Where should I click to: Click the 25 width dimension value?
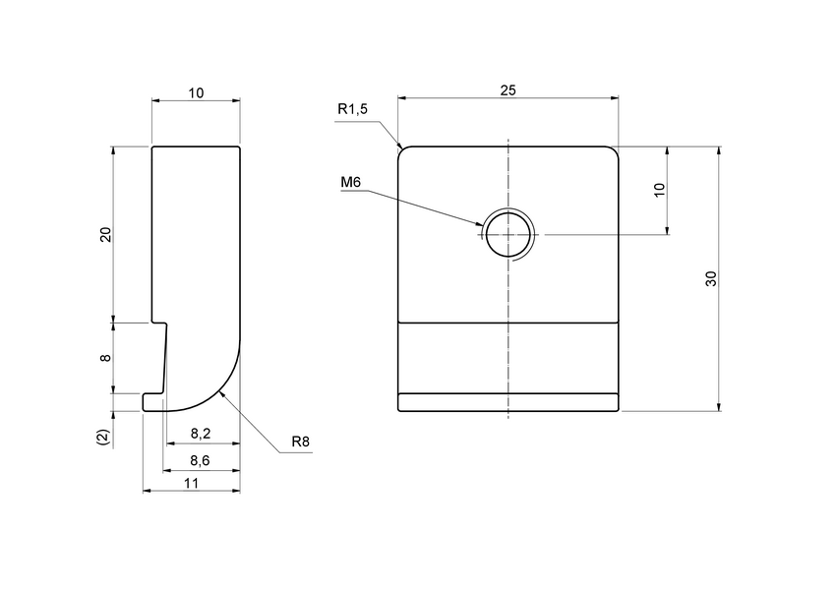(508, 89)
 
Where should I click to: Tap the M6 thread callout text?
(351, 183)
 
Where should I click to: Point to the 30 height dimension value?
(710, 278)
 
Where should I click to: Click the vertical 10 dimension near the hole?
(659, 191)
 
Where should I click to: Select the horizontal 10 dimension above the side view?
(196, 92)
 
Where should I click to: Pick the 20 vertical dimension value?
(106, 234)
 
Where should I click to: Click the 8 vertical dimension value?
(106, 359)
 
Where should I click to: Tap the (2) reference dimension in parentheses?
(105, 435)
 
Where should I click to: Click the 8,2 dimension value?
(200, 433)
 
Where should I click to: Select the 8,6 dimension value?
(200, 459)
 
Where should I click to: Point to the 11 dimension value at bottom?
(192, 482)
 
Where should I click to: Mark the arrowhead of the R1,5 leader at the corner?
(401, 147)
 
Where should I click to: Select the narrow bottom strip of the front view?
(508, 401)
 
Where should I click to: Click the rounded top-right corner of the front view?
(615, 150)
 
